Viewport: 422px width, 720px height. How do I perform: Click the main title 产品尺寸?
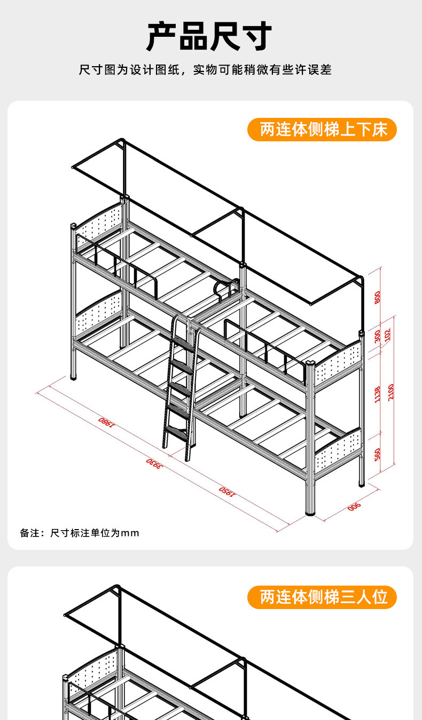[x=210, y=36]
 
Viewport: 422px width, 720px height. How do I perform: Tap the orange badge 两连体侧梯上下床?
[x=322, y=130]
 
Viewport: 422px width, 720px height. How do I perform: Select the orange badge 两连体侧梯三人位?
[x=322, y=597]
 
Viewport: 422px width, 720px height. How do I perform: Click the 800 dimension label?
[x=378, y=298]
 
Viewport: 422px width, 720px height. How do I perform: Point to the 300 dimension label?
[x=378, y=336]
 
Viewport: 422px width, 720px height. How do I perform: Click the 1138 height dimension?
[x=378, y=394]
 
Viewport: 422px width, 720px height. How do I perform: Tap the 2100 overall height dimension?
[x=391, y=393]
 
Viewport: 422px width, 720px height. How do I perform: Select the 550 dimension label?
[x=378, y=454]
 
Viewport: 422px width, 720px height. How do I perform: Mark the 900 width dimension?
[x=354, y=507]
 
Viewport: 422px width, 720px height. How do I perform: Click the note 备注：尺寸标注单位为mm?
[x=80, y=533]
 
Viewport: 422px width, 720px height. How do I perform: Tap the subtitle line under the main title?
[x=205, y=70]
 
